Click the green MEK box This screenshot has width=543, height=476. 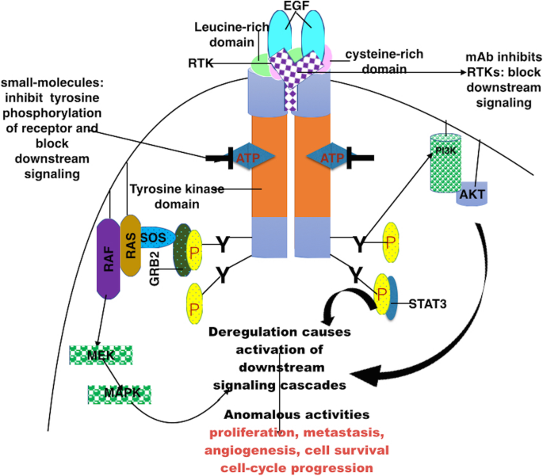click(95, 355)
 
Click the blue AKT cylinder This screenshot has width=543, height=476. click(471, 192)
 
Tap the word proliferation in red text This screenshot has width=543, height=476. click(251, 432)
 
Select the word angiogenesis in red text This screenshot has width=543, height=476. click(250, 451)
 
